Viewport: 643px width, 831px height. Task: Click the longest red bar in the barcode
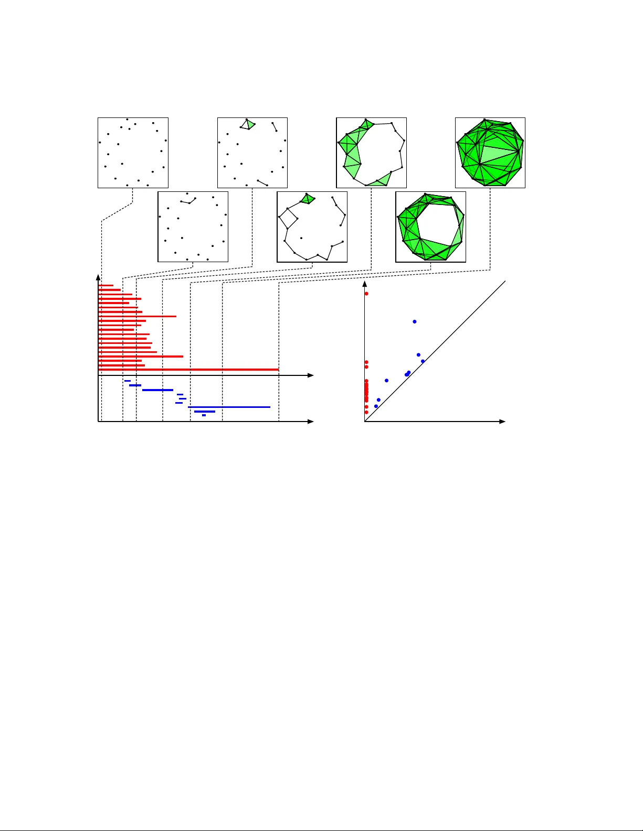click(188, 370)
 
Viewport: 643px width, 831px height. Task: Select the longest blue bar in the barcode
click(229, 407)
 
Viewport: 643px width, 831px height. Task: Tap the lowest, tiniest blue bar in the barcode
click(204, 415)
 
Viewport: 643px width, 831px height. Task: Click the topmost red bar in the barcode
click(106, 285)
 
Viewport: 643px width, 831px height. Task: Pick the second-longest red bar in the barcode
click(141, 357)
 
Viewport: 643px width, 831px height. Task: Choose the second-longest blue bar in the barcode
click(157, 390)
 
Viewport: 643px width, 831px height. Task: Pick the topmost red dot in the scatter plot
click(366, 294)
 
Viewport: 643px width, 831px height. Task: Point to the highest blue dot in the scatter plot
click(415, 321)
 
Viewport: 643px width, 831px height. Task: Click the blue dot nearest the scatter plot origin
click(376, 406)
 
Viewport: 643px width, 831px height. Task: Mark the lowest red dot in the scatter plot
click(366, 412)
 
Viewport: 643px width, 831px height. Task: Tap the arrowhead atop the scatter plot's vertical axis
click(365, 285)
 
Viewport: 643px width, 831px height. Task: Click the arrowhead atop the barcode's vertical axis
click(98, 277)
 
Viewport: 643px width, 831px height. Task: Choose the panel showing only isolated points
click(133, 153)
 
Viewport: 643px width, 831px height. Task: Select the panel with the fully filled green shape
click(490, 153)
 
